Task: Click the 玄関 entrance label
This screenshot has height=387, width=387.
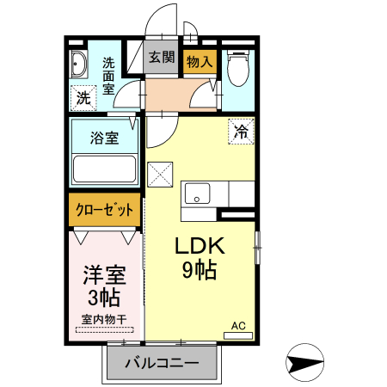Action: pyautogui.click(x=161, y=58)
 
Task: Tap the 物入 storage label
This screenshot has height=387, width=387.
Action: pyautogui.click(x=200, y=61)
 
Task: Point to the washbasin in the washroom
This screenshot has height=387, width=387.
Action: pyautogui.click(x=79, y=64)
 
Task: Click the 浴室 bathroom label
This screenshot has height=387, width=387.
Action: pyautogui.click(x=105, y=138)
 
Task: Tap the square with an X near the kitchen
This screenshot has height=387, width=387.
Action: pyautogui.click(x=161, y=175)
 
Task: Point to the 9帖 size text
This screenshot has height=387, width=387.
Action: pyautogui.click(x=200, y=270)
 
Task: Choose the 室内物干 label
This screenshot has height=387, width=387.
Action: pyautogui.click(x=104, y=320)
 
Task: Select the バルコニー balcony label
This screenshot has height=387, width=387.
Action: pyautogui.click(x=161, y=363)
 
